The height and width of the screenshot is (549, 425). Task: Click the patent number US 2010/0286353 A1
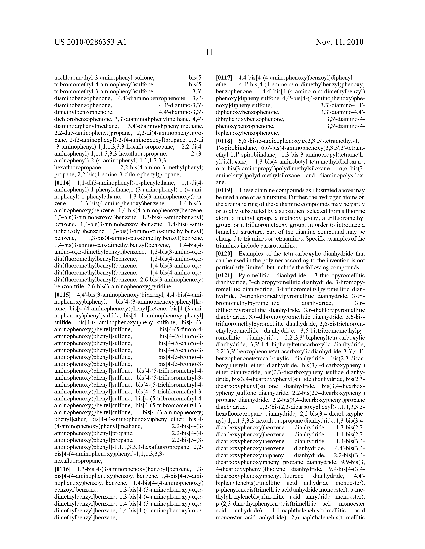90,42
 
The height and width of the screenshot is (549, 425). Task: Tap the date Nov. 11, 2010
340,42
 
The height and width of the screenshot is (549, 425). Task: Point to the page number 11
209,52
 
